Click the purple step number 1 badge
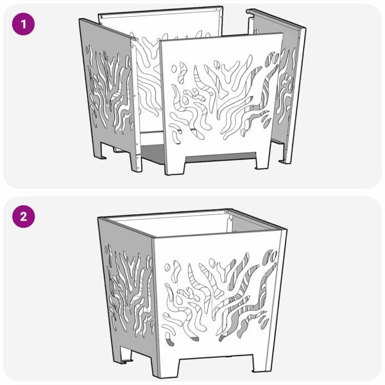23,24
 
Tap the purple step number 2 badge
23,217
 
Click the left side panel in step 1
108,93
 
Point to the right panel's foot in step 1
285,153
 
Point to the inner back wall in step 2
172,225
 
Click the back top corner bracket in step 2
227,211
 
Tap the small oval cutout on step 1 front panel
174,69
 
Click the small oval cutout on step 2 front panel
167,267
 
